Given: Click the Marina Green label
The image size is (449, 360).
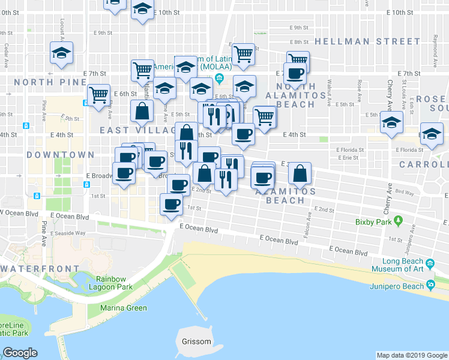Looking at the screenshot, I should coord(119,308).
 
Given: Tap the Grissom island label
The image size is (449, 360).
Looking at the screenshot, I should coord(196,342).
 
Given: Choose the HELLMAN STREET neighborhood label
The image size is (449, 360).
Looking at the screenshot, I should coord(367,41).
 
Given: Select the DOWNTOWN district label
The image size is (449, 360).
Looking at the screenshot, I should coord(61,155).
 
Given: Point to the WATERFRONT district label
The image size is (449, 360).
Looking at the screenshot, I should coord(40,269).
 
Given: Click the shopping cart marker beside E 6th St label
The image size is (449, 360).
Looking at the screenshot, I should coord(98,94).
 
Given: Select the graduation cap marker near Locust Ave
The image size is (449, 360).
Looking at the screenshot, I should coord(61,53).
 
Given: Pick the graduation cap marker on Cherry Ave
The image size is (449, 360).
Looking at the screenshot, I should coord(391,122).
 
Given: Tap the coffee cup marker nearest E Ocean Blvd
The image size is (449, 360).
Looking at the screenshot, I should coord(171,203).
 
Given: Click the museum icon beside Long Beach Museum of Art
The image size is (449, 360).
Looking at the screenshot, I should coord(430,264).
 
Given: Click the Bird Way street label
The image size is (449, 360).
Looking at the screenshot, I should coord(405,193).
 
